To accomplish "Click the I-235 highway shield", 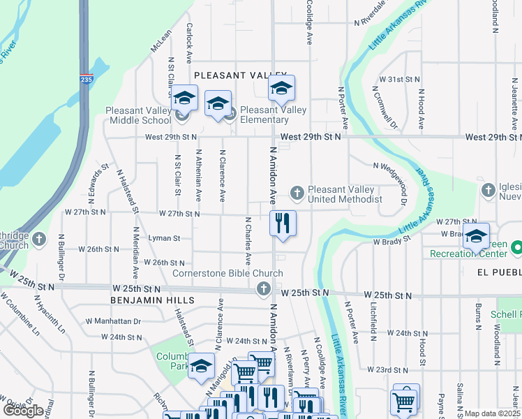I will click(86, 80).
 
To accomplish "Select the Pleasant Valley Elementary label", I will click(274, 115).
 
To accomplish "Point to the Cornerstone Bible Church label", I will click(228, 274).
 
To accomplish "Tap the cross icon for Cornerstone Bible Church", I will click(264, 288).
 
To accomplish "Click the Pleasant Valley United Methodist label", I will click(345, 194).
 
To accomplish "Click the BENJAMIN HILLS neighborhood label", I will click(151, 300).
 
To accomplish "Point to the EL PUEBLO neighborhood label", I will click(499, 270).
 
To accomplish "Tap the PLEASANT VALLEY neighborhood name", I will click(241, 75).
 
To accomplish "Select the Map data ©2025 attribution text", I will click(492, 413).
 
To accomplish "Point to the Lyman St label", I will click(164, 238).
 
